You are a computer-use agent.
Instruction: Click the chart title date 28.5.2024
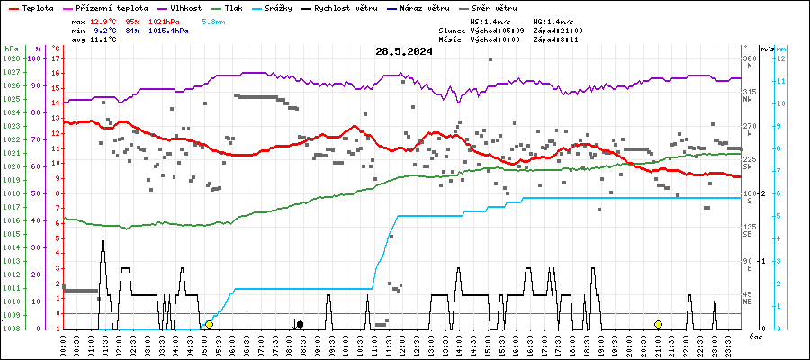(404, 51)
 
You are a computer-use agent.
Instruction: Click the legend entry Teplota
(37, 7)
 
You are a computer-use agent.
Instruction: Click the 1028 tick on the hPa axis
(11, 58)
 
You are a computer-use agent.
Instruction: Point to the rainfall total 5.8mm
(214, 20)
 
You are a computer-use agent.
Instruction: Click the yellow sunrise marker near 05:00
(209, 324)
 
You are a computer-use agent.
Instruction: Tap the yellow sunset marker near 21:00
(658, 324)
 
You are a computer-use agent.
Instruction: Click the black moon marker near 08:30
(300, 324)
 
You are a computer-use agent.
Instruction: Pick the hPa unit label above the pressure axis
(11, 49)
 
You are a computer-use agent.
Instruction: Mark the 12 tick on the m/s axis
(781, 58)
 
